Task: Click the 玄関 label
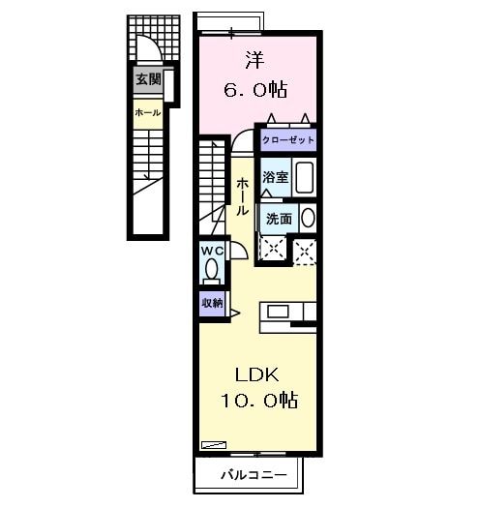coord(148,79)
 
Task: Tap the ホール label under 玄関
coord(147,113)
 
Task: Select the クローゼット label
coord(287,139)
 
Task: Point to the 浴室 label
coord(275,177)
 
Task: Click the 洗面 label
coord(279,218)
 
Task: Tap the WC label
coord(212,251)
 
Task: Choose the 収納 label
coord(211,302)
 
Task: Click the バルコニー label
coord(251,475)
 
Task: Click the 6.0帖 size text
coord(255,88)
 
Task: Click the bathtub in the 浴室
coord(305,178)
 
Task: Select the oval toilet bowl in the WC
coord(212,270)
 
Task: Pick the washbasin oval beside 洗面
coord(307,217)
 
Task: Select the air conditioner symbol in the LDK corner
coord(212,444)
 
